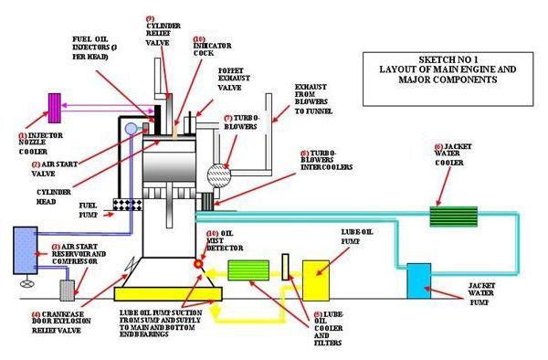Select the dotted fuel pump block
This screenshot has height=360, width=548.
[x=123, y=207]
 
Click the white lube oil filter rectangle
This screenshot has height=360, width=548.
[x=286, y=267]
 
